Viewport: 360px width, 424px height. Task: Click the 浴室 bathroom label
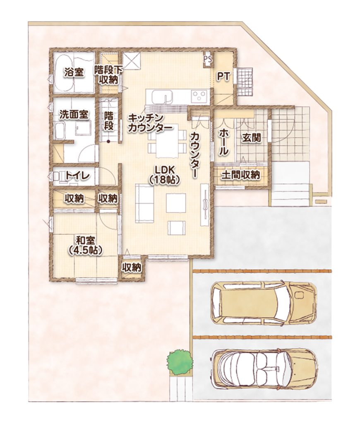[74, 72]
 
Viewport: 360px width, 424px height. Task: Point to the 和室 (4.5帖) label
[85, 245]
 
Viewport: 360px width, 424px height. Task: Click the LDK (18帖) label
[165, 175]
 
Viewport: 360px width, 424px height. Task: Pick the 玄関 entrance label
[251, 138]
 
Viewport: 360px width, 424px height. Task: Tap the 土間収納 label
[240, 175]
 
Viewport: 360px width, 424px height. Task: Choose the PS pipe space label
[208, 59]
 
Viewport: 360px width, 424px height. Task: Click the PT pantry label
[223, 77]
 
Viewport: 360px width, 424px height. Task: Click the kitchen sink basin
[162, 97]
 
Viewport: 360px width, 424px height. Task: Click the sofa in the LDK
[145, 203]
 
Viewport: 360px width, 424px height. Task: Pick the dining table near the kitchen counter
[167, 141]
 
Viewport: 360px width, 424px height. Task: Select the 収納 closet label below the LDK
[132, 268]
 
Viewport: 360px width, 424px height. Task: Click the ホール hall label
[223, 142]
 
